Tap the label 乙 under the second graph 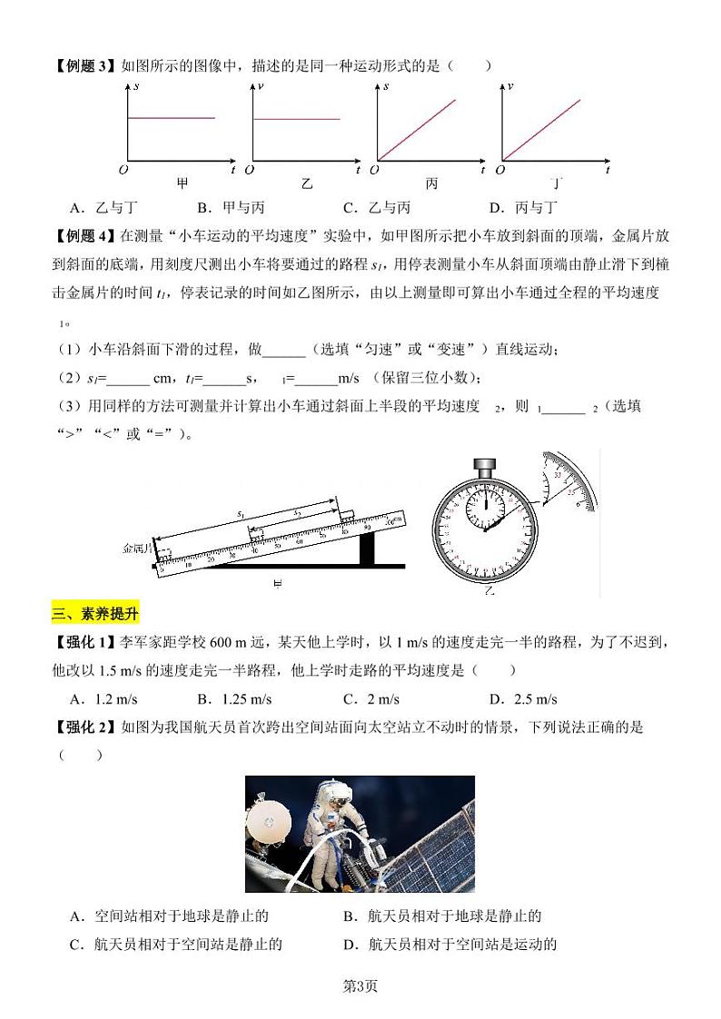[x=306, y=183]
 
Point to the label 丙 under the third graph [x=431, y=183]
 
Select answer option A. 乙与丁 [x=101, y=207]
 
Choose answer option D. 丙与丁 [x=523, y=207]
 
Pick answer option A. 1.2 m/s [x=103, y=699]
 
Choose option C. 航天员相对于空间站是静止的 [x=176, y=944]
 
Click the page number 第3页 [x=360, y=987]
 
